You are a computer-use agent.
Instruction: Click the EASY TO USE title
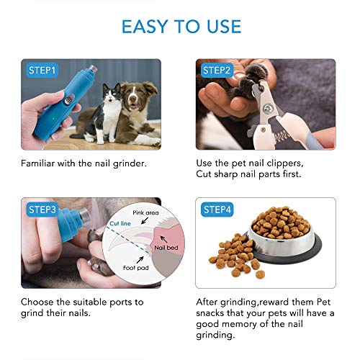[x=181, y=27]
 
